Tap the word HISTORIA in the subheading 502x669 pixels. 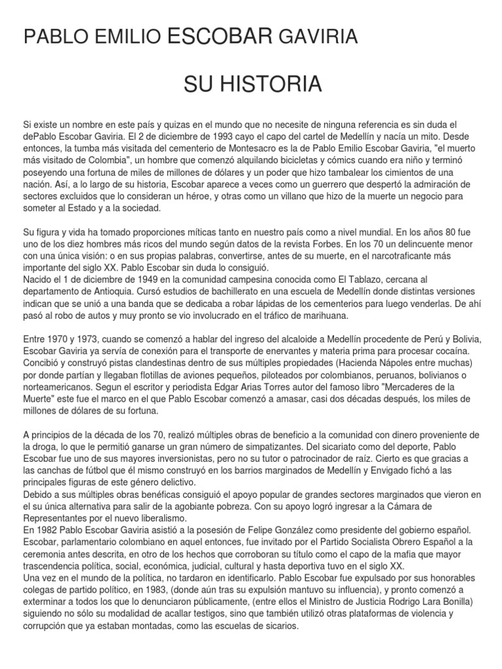(x=286, y=84)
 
